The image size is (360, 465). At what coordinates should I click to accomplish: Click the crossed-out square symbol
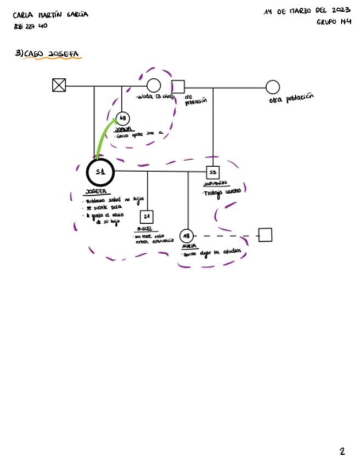[59, 85]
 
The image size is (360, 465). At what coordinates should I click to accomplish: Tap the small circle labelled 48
[123, 118]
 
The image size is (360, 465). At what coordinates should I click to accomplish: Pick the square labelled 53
[213, 172]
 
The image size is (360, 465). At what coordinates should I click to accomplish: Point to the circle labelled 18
[187, 236]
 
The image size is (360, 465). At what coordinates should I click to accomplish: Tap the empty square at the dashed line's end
[266, 235]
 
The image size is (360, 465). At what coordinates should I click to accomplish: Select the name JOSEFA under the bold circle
[97, 192]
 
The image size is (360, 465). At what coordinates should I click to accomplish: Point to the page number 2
[342, 451]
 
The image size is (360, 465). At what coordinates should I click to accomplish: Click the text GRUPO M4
[334, 22]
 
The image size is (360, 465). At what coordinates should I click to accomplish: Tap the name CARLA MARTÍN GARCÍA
[50, 14]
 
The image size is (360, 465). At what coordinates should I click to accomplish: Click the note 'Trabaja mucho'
[222, 192]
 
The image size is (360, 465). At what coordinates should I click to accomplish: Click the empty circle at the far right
[273, 87]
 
